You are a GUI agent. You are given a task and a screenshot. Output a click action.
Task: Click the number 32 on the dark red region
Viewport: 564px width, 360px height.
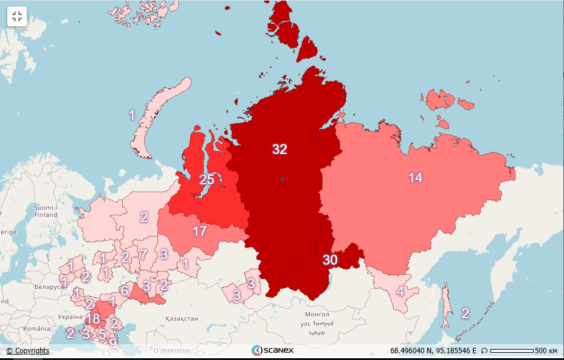280,150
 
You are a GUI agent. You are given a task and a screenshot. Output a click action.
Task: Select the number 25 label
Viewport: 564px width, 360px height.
207,180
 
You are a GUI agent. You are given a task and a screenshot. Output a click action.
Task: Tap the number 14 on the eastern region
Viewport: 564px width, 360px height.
415,178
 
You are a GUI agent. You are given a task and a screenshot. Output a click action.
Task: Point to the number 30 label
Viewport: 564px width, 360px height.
330,260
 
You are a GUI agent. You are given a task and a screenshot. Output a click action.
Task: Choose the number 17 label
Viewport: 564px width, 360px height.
199,231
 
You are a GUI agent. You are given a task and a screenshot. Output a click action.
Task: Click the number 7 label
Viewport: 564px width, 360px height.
143,255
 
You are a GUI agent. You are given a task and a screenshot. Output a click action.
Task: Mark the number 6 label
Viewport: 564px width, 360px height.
124,291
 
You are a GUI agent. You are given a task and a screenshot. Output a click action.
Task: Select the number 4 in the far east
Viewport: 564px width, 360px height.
400,291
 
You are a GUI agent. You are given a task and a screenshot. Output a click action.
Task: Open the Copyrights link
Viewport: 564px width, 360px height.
28,351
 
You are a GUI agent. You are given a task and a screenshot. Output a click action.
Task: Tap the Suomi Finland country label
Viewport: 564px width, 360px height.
46,211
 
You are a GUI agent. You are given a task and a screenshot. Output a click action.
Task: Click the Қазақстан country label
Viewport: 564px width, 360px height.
181,319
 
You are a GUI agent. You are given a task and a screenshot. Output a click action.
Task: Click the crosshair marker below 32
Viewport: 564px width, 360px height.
282,179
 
